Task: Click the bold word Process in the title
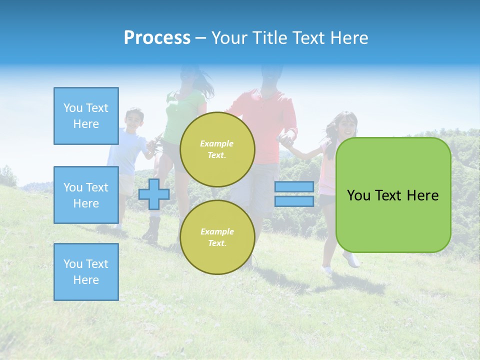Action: coord(157,38)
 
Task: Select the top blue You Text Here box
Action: coord(86,116)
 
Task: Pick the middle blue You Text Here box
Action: coord(86,195)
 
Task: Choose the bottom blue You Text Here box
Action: coord(86,272)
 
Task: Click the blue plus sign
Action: coord(154,194)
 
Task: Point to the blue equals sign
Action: coord(294,194)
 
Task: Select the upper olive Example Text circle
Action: coord(217,149)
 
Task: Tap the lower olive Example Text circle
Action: coord(217,237)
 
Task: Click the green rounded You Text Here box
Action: coord(393,195)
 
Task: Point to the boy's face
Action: coord(134,120)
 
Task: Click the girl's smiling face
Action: coord(347,125)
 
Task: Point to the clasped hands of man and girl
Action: coord(286,140)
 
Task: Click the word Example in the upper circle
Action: coord(216,143)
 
